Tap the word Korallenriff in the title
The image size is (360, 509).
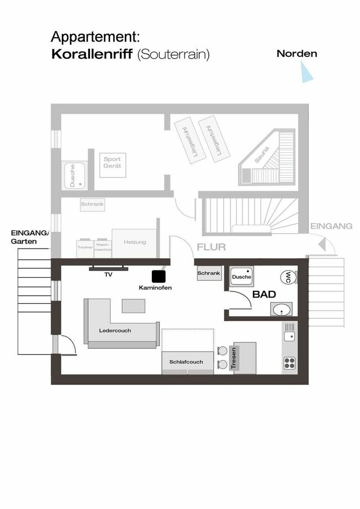[x=92, y=55]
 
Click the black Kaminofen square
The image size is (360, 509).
[x=159, y=276]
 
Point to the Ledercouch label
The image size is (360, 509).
[x=115, y=330]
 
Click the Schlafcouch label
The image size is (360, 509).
[x=186, y=362]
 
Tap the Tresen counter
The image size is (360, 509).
[x=244, y=357]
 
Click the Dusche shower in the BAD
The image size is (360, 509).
[x=242, y=277]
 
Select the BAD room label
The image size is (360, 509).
[x=263, y=294]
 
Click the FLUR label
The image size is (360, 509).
[x=211, y=247]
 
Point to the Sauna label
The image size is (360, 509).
[x=262, y=155]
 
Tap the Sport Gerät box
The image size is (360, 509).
[x=112, y=165]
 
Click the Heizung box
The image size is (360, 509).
[x=134, y=242]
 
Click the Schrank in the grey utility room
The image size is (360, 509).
[x=92, y=205]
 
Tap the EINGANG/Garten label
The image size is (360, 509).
[x=30, y=237]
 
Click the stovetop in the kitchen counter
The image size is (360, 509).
[x=290, y=362]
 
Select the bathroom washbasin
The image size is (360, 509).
[x=281, y=309]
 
